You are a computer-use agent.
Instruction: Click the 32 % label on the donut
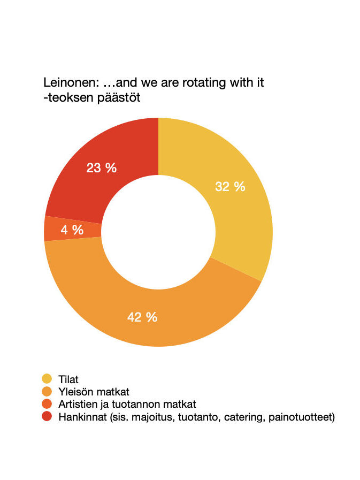[x=230, y=187]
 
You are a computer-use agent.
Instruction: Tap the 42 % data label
[x=142, y=317]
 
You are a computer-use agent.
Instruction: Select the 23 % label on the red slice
[x=102, y=167]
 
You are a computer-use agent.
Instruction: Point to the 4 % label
[x=72, y=230]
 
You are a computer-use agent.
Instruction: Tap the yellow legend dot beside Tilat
[x=47, y=379]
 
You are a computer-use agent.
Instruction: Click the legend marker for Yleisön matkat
[x=47, y=392]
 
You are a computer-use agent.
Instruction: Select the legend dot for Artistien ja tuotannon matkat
[x=47, y=405]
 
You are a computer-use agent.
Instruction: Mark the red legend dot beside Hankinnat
[x=47, y=417]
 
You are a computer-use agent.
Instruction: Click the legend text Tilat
[x=68, y=379]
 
